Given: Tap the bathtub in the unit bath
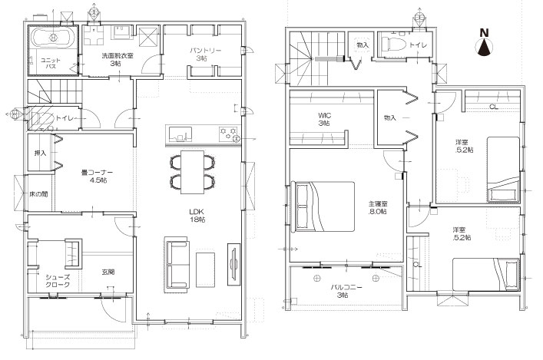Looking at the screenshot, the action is tap(54, 37).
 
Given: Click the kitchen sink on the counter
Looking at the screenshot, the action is tap(180, 134).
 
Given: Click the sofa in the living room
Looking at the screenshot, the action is tap(177, 263).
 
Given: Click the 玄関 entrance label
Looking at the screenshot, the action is tap(108, 272).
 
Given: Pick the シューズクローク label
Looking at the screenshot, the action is tap(58, 281).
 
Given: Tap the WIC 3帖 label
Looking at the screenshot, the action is tap(323, 119).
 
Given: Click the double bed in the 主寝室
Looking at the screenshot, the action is tap(323, 206).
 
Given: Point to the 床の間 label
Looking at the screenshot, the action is tap(38, 194).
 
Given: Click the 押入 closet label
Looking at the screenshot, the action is tap(40, 153).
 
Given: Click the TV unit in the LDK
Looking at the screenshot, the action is tap(233, 264).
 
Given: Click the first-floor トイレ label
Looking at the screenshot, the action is tap(65, 118).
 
